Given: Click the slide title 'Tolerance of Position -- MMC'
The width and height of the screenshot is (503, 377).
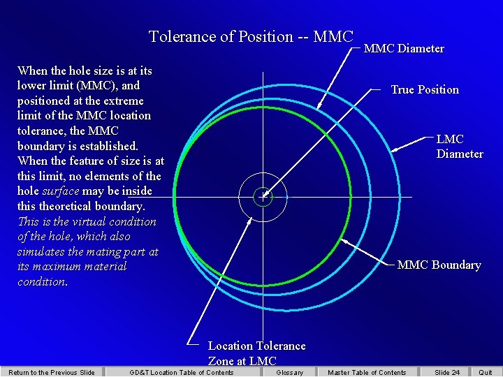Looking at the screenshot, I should pyautogui.click(x=251, y=36).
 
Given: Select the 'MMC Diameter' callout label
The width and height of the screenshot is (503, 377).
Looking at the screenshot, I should pyautogui.click(x=404, y=48).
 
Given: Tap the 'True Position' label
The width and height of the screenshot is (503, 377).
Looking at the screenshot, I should pyautogui.click(x=425, y=89).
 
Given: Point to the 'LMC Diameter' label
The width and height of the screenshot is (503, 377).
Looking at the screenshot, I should pyautogui.click(x=460, y=146).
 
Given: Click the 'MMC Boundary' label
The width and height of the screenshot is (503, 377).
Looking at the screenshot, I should pyautogui.click(x=439, y=265).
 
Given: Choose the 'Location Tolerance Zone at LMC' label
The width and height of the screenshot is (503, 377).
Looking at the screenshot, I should pyautogui.click(x=256, y=353).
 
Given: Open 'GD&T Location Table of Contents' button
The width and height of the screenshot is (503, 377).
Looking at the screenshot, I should pyautogui.click(x=182, y=372).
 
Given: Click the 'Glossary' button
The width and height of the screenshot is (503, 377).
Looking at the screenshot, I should pyautogui.click(x=289, y=372).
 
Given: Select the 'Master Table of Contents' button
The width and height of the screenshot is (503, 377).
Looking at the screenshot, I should pyautogui.click(x=367, y=372).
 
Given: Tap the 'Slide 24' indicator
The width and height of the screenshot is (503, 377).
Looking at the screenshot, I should pyautogui.click(x=447, y=372).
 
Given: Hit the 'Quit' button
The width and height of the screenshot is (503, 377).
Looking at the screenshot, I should pyautogui.click(x=485, y=372).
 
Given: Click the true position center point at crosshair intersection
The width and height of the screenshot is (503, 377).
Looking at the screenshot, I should pyautogui.click(x=263, y=197).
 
